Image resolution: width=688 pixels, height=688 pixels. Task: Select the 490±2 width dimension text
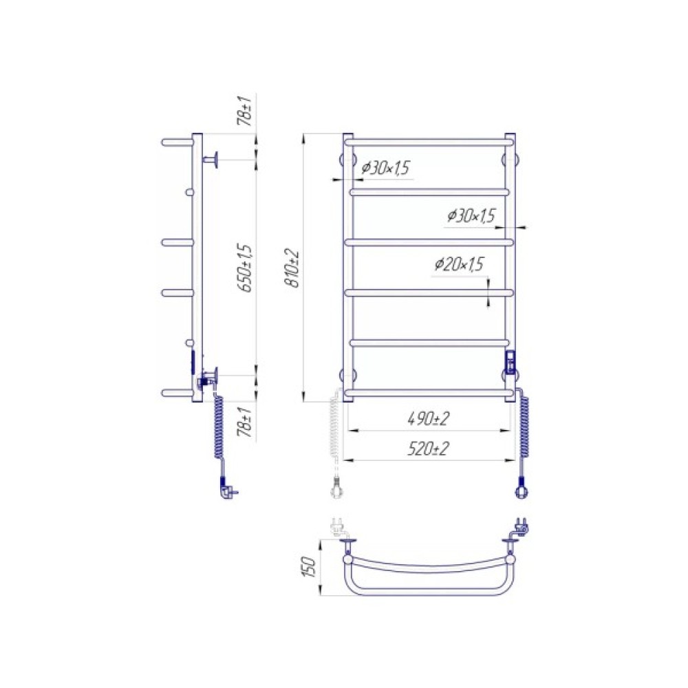[x=429, y=419]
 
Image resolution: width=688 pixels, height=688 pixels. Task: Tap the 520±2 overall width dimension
[x=429, y=449]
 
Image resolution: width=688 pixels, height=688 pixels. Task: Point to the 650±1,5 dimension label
[x=246, y=268]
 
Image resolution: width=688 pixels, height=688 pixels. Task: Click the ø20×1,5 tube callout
[x=459, y=264]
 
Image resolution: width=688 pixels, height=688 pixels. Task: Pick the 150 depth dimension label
[x=311, y=566]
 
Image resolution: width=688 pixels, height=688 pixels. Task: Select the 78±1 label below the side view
[x=246, y=422]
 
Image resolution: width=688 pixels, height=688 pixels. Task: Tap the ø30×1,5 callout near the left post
[x=385, y=168]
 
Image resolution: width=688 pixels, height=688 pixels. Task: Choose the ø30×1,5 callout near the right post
[x=471, y=215]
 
